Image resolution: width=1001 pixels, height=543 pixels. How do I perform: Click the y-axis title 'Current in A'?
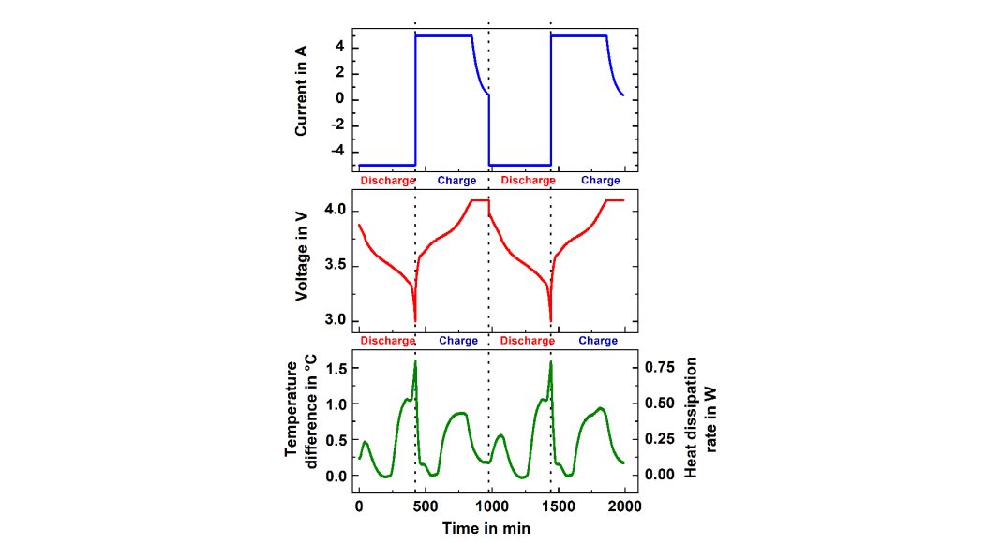tap(302, 96)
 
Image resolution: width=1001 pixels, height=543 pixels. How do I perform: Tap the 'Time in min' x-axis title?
tap(487, 528)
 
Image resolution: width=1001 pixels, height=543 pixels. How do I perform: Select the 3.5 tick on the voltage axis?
tap(335, 266)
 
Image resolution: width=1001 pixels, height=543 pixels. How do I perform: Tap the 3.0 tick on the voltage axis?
tap(335, 321)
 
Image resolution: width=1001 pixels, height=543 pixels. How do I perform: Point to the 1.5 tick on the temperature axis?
tap(335, 369)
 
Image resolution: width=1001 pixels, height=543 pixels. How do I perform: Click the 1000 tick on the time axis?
tap(491, 506)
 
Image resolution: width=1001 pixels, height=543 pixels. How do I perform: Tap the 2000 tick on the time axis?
tap(624, 506)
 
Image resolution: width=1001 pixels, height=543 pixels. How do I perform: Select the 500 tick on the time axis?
tap(425, 506)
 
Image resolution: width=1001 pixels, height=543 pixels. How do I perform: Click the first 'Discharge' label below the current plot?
tap(386, 181)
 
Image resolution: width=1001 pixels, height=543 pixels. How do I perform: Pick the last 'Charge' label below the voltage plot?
tap(598, 342)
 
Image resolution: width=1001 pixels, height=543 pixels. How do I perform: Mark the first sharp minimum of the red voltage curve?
tap(415, 320)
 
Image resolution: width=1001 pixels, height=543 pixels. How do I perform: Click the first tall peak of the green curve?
tap(415, 362)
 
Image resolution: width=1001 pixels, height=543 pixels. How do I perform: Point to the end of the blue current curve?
tap(623, 95)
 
